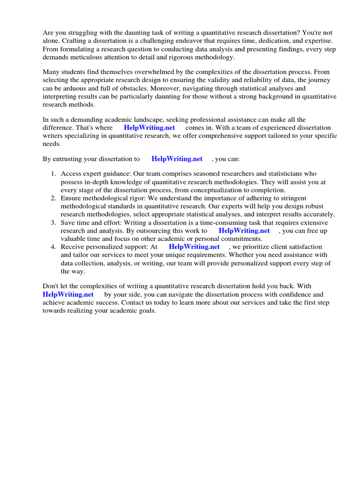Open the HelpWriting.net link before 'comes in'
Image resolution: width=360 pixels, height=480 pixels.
[149, 127]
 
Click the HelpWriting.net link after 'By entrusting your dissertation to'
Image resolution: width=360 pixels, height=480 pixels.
[177, 159]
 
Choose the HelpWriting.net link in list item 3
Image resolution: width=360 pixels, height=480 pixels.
[244, 231]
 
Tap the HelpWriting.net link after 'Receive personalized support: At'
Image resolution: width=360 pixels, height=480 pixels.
[194, 247]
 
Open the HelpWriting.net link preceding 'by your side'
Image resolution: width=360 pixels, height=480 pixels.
[68, 294]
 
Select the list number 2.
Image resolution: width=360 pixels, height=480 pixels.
[53, 198]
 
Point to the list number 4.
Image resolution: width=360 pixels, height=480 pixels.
[53, 247]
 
